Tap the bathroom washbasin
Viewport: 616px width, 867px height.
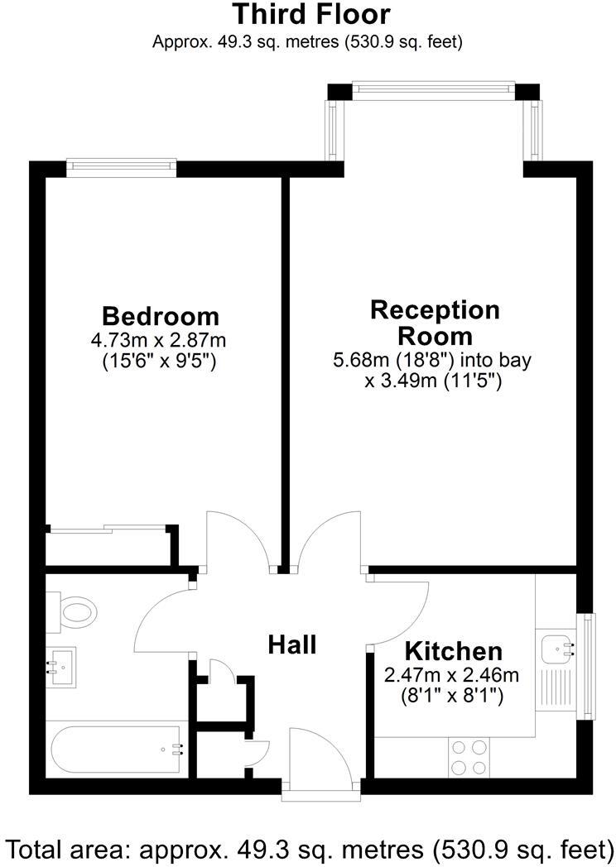click(x=60, y=664)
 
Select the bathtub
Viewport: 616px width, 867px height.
click(x=116, y=750)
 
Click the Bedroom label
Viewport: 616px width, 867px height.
click(x=161, y=316)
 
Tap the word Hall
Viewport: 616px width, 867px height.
click(x=291, y=644)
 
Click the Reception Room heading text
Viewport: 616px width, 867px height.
click(x=435, y=323)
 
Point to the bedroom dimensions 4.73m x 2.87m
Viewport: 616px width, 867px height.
click(x=161, y=339)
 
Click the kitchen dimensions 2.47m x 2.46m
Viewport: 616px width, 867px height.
click(x=452, y=675)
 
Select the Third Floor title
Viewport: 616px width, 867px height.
click(x=310, y=14)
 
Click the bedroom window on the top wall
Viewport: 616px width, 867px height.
click(x=123, y=168)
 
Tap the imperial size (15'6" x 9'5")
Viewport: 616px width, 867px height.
click(x=161, y=361)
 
